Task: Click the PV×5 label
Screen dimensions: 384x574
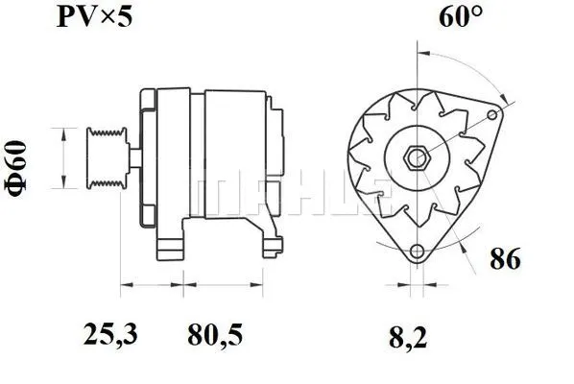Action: click(x=92, y=18)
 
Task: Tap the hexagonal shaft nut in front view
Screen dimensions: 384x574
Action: click(x=419, y=157)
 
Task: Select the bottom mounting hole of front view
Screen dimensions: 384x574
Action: click(x=417, y=252)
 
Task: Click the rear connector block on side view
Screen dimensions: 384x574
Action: click(x=279, y=158)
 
